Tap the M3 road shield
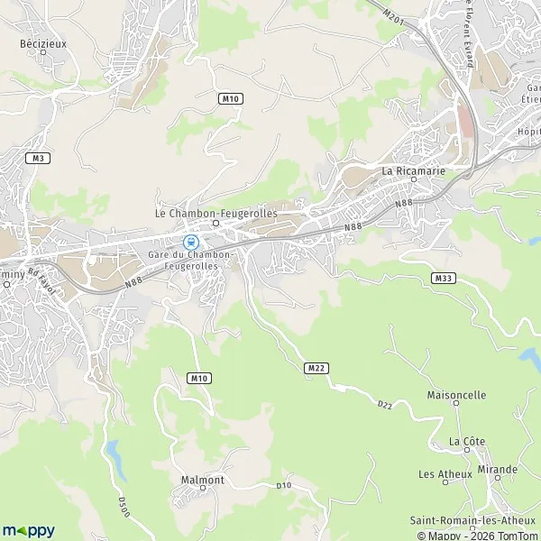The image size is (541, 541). pos(37,158)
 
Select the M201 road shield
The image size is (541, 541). pos(390,15)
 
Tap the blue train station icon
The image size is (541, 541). pos(190,242)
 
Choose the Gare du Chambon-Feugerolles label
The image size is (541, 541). pos(192,261)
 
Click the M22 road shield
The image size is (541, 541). pos(315,368)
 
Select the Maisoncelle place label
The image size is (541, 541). pos(456,395)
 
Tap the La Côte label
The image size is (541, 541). pos(467,441)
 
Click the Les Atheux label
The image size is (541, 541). pos(439,473)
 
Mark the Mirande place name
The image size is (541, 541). pos(498,470)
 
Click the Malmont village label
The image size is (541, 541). pos(202,480)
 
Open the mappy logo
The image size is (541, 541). pos(29,530)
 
